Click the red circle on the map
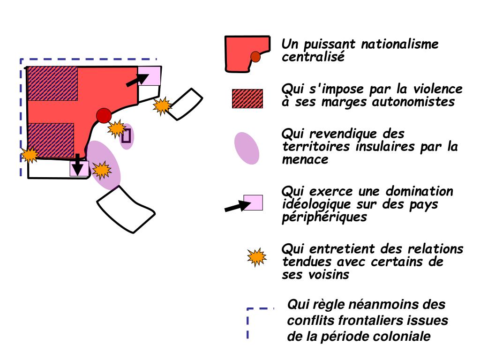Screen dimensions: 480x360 (104, 115)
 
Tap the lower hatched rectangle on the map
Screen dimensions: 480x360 (52, 140)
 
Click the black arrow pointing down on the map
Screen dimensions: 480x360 (77, 165)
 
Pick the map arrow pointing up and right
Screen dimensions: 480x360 (137, 79)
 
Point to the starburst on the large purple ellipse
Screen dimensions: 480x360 (101, 169)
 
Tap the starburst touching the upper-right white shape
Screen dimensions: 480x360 (162, 106)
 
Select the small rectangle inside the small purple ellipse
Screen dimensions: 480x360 (126, 136)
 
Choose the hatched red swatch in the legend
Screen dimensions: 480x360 (247, 98)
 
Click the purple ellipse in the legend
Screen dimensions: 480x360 (247, 148)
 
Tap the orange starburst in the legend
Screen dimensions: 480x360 (256, 257)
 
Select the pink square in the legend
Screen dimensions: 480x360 (253, 202)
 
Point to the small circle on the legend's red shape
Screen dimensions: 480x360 (255, 57)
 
